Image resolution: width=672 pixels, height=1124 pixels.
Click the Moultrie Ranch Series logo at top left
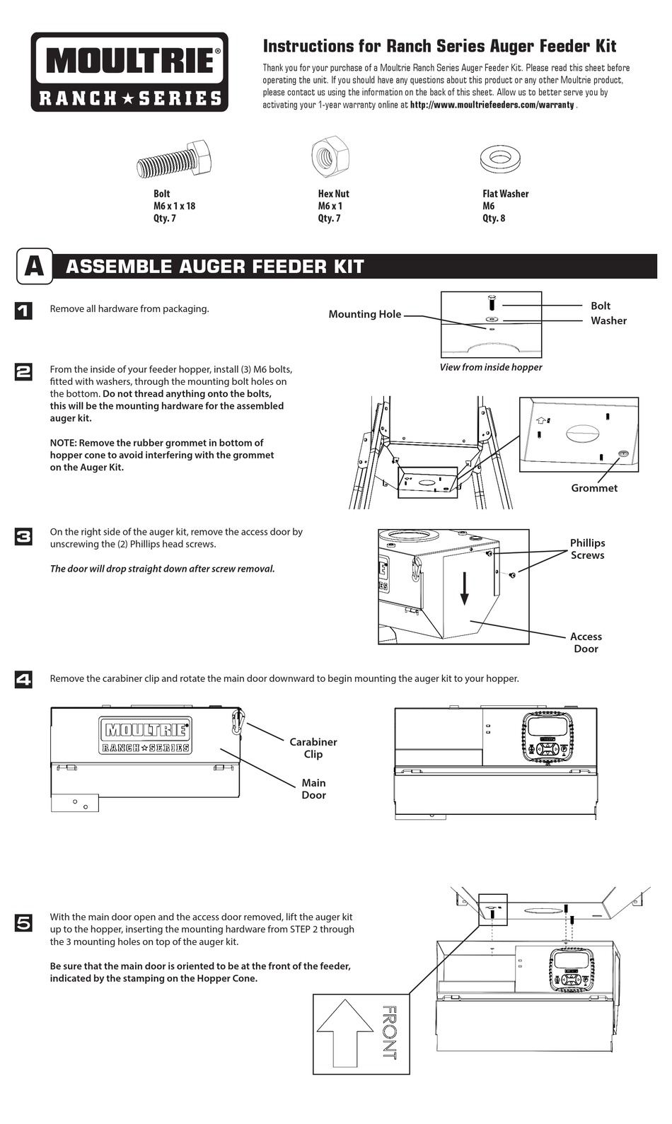129,71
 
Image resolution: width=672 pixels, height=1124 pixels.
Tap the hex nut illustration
330,156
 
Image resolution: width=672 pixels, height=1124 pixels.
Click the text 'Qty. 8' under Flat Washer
494,219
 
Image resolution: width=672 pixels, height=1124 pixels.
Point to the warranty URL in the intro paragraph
492,105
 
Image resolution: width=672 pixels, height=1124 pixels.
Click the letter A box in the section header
34,266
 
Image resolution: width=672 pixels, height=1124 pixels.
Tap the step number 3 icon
23,537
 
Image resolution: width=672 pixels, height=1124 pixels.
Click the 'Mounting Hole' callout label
364,314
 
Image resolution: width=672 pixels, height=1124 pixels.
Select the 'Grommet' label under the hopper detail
593,488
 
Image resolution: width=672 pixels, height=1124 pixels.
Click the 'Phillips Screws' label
587,549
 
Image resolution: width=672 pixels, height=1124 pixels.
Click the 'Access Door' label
586,642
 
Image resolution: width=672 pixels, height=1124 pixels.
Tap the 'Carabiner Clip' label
313,748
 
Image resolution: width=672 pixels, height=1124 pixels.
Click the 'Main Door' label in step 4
313,789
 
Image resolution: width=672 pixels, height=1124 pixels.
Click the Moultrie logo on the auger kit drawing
146,736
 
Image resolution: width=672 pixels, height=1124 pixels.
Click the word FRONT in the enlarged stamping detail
389,1033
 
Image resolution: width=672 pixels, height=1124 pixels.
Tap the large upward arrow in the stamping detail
344,1032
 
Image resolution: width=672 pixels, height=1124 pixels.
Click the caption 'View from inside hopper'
490,367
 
